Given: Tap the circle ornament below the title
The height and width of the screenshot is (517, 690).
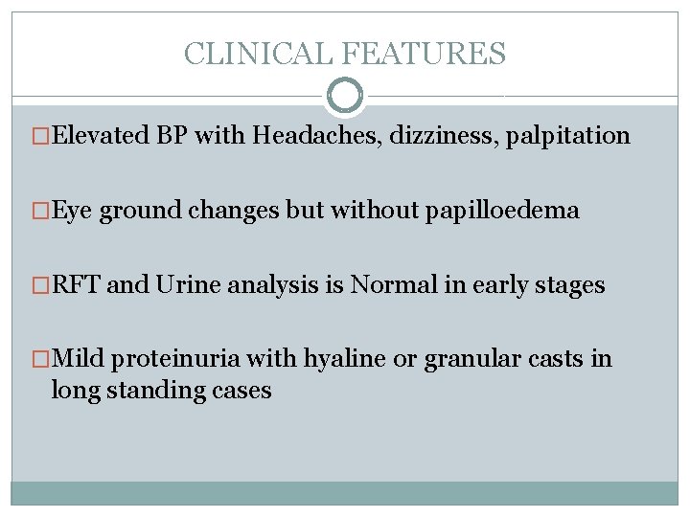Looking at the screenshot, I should point(345,96).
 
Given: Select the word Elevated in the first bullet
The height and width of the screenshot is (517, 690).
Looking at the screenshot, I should point(99,136).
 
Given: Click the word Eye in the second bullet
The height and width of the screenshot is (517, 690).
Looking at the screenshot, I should point(73,211).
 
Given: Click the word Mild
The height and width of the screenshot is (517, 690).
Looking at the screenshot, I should point(79,360).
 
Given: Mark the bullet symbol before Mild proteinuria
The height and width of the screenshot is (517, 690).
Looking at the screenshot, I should point(42,360).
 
